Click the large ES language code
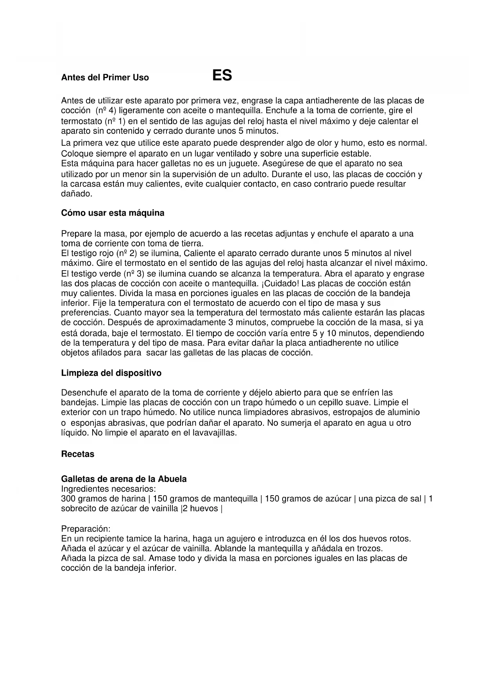tap(222, 75)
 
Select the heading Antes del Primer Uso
tap(105, 77)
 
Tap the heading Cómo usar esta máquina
tap(113, 213)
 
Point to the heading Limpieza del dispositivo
tap(111, 373)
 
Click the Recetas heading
tap(78, 454)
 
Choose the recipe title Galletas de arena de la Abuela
tap(123, 479)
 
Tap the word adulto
tap(254, 174)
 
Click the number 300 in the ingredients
tap(68, 499)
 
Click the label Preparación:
tap(86, 529)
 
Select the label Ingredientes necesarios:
tap(108, 489)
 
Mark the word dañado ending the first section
tap(77, 193)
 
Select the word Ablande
tap(230, 548)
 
